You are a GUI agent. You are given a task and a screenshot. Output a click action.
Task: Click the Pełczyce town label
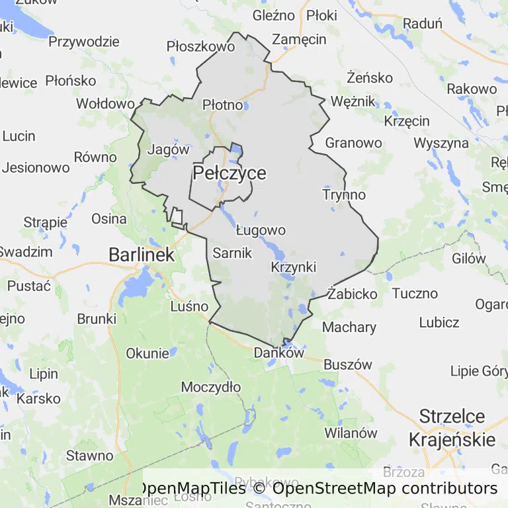(x=230, y=173)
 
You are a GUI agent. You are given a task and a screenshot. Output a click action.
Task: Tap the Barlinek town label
(x=141, y=255)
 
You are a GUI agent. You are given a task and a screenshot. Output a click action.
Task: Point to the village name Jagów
(x=169, y=149)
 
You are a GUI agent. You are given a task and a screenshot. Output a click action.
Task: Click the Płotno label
(x=222, y=105)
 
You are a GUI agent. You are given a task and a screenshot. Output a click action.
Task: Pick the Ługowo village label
(x=261, y=230)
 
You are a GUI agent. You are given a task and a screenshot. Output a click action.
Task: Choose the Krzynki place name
(x=294, y=267)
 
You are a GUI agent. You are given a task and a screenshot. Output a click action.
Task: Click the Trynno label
(x=344, y=194)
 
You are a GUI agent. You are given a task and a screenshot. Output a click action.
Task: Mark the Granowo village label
(x=354, y=143)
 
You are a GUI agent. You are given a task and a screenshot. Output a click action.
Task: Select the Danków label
(x=278, y=353)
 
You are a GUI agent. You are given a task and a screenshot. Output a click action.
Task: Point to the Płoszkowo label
(x=200, y=47)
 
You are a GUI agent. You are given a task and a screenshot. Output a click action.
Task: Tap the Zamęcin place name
(x=300, y=40)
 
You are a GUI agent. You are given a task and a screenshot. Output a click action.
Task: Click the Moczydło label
(x=211, y=386)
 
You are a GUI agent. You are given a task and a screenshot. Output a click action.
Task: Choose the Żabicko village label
(x=353, y=294)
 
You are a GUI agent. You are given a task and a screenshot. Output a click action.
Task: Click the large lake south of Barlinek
(x=137, y=286)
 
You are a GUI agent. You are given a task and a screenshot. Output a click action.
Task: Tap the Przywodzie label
(x=84, y=42)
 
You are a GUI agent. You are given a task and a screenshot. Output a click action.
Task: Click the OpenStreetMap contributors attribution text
(x=384, y=488)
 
